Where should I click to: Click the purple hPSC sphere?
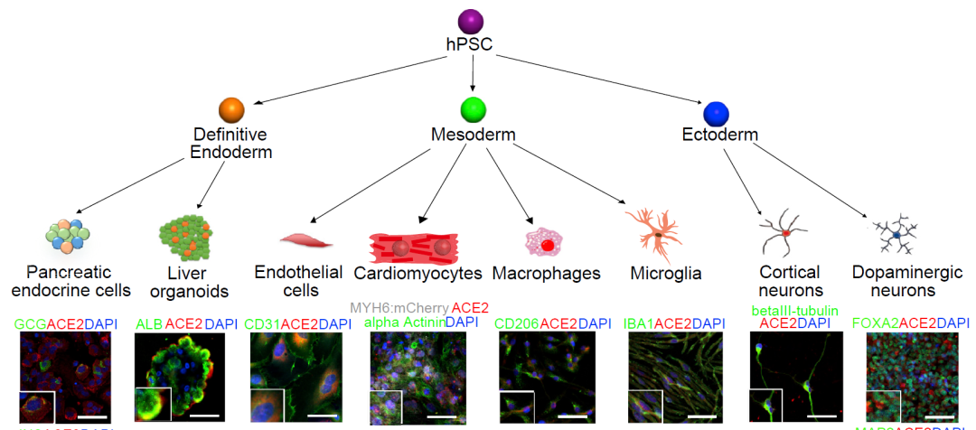[471, 22]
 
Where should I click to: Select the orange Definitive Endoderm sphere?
[232, 110]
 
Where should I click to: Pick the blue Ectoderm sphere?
[717, 113]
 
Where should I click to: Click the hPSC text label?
[471, 47]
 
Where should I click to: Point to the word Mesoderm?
[472, 136]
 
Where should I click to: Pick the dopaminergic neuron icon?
[895, 235]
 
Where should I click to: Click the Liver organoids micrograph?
[180, 377]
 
